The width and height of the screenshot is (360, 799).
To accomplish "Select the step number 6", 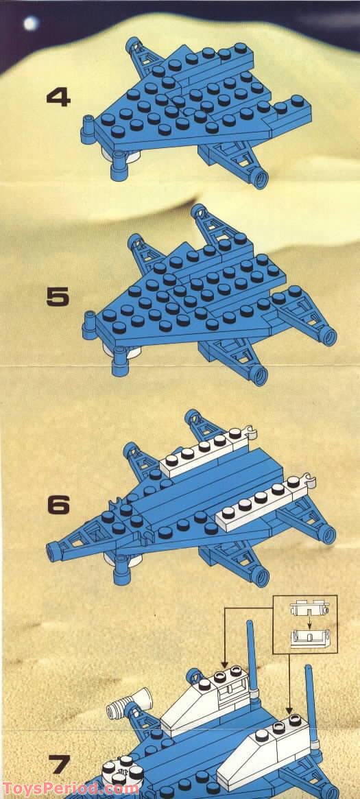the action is coord(58,504).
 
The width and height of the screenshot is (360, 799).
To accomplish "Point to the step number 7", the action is coord(60,764).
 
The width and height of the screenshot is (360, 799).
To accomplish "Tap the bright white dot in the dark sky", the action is coord(31,23).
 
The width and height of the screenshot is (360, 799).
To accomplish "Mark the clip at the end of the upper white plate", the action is coord(250,432).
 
